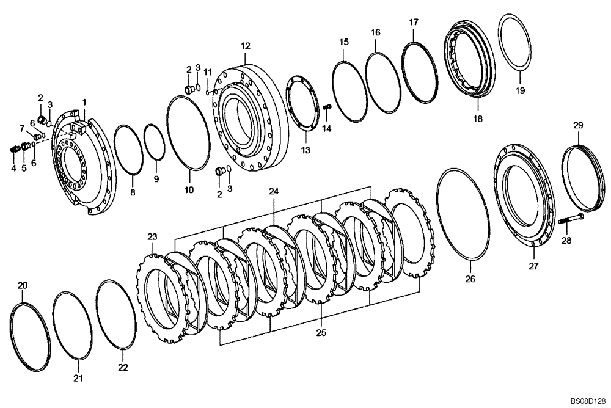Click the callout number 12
pyautogui.click(x=245, y=46)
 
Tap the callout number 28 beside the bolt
pyautogui.click(x=566, y=241)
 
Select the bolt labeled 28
pyautogui.click(x=571, y=219)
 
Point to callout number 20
pyautogui.click(x=22, y=285)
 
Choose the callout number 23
pyautogui.click(x=152, y=236)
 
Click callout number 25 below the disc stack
pyautogui.click(x=321, y=333)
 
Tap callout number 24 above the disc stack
pyautogui.click(x=274, y=191)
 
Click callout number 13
pyautogui.click(x=305, y=150)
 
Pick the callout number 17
pyautogui.click(x=414, y=22)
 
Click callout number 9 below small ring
pyautogui.click(x=156, y=179)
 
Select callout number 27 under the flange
pyautogui.click(x=534, y=266)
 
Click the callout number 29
pyautogui.click(x=577, y=125)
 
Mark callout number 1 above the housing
pyautogui.click(x=84, y=101)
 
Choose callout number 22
pyautogui.click(x=123, y=367)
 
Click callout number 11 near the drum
pyautogui.click(x=208, y=72)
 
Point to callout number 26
pyautogui.click(x=470, y=279)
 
